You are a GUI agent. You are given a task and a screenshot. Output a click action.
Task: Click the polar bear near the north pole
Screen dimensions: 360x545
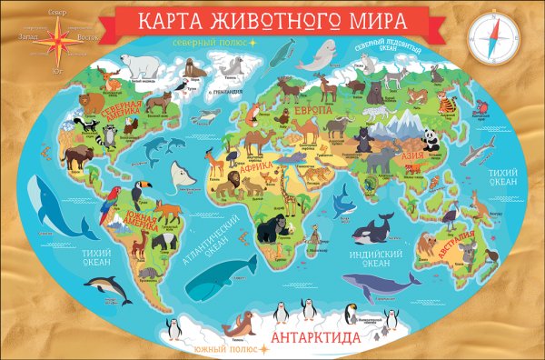140,65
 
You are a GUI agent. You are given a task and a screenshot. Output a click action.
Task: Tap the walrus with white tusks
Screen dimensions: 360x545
191,68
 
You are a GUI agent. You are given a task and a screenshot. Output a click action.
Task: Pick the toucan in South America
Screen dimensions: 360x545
139,194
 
